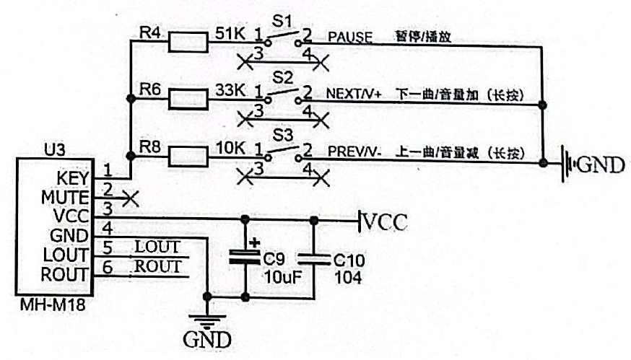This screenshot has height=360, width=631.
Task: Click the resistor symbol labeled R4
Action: click(x=188, y=44)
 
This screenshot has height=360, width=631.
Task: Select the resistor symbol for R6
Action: click(x=188, y=100)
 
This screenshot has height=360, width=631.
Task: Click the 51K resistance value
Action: click(x=232, y=32)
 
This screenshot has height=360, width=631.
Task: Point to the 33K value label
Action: click(x=231, y=90)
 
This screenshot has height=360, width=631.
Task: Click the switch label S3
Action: click(x=282, y=135)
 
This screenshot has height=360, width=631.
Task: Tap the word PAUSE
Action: click(x=350, y=36)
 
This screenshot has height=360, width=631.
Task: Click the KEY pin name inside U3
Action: click(x=73, y=177)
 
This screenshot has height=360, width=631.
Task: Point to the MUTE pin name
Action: click(x=67, y=196)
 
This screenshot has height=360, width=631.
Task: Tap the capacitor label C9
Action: click(x=274, y=258)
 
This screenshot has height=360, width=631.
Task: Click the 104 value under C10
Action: click(x=347, y=277)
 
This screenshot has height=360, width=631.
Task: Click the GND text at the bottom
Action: click(x=208, y=339)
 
